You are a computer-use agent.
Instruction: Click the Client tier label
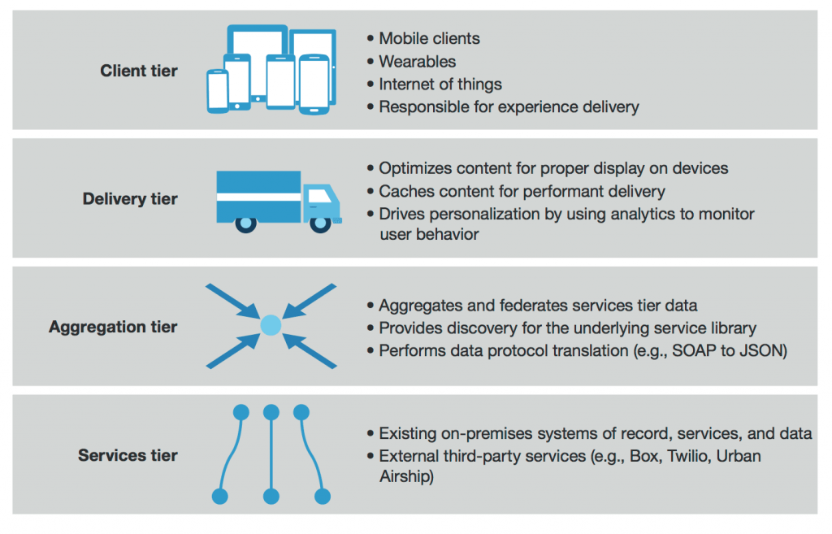coord(139,71)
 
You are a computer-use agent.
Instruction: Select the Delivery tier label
coord(130,199)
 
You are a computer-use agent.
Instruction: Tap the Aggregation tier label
coord(113,328)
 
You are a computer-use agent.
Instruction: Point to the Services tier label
coord(128,455)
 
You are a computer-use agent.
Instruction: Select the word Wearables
coord(417,62)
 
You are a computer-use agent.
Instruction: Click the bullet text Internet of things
coord(440,85)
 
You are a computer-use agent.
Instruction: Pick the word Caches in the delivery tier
coord(404,192)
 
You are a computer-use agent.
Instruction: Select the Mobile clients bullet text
coord(429,39)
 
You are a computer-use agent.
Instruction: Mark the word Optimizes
coord(415,169)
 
